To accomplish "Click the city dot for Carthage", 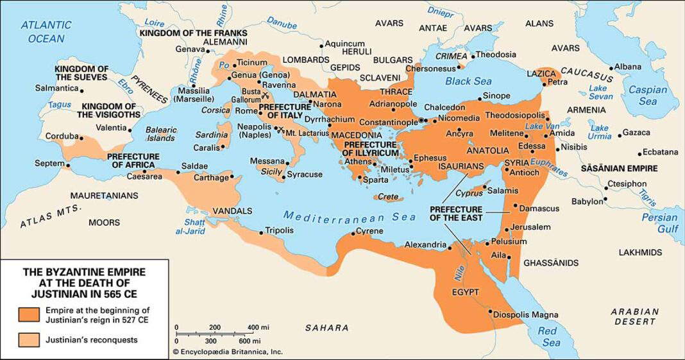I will pos(232,176).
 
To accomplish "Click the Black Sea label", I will pos(468,81).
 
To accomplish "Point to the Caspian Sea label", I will pos(647,96).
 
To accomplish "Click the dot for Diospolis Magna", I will pos(491,314).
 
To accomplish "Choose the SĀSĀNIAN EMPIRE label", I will pos(618,169).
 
